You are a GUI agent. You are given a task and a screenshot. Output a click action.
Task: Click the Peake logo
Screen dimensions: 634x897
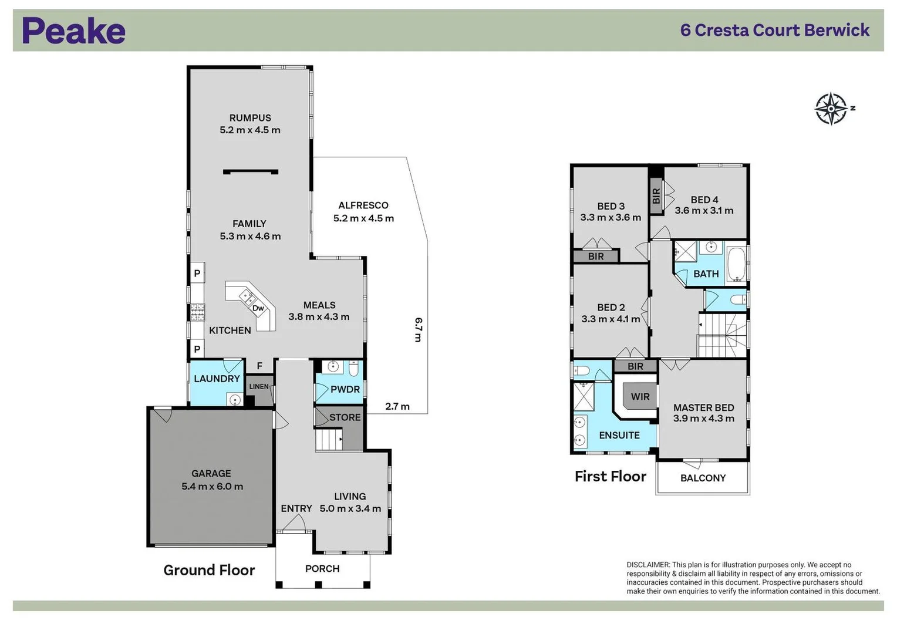[73, 31]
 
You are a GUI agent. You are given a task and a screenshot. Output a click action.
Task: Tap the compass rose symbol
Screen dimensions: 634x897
[831, 109]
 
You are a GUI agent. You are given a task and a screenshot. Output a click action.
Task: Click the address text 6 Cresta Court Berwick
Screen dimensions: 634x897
[774, 31]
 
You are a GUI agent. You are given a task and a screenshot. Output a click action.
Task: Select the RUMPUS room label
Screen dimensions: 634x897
[250, 118]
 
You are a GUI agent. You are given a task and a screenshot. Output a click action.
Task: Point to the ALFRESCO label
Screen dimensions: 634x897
[363, 205]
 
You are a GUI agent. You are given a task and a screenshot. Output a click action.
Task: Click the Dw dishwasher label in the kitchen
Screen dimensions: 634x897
[258, 308]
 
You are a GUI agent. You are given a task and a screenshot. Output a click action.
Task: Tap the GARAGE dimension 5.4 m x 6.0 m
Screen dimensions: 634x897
[212, 487]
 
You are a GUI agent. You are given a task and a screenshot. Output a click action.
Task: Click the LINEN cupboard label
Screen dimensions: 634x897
[259, 386]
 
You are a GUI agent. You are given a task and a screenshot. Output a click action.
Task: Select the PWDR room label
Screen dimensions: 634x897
[345, 389]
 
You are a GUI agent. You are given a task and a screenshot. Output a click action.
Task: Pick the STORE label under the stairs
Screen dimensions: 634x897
[345, 417]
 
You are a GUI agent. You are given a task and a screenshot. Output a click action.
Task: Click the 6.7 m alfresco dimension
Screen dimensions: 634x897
[418, 329]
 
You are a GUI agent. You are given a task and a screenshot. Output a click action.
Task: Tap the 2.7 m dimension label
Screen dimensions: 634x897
[397, 406]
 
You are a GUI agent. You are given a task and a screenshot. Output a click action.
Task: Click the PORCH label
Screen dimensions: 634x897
[322, 568]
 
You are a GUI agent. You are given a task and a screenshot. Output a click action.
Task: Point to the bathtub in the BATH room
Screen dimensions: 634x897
[736, 264]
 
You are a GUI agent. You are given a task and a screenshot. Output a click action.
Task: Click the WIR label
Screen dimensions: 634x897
[640, 397]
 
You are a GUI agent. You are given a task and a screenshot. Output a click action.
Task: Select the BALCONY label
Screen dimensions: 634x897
[703, 478]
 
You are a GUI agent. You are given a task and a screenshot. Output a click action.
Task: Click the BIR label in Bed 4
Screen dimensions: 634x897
[656, 196]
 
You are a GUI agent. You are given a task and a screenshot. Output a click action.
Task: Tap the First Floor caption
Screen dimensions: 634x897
[610, 476]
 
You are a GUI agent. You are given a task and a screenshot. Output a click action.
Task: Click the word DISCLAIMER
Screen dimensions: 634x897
[648, 565]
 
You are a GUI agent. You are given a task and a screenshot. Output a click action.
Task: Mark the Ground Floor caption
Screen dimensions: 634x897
[209, 570]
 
